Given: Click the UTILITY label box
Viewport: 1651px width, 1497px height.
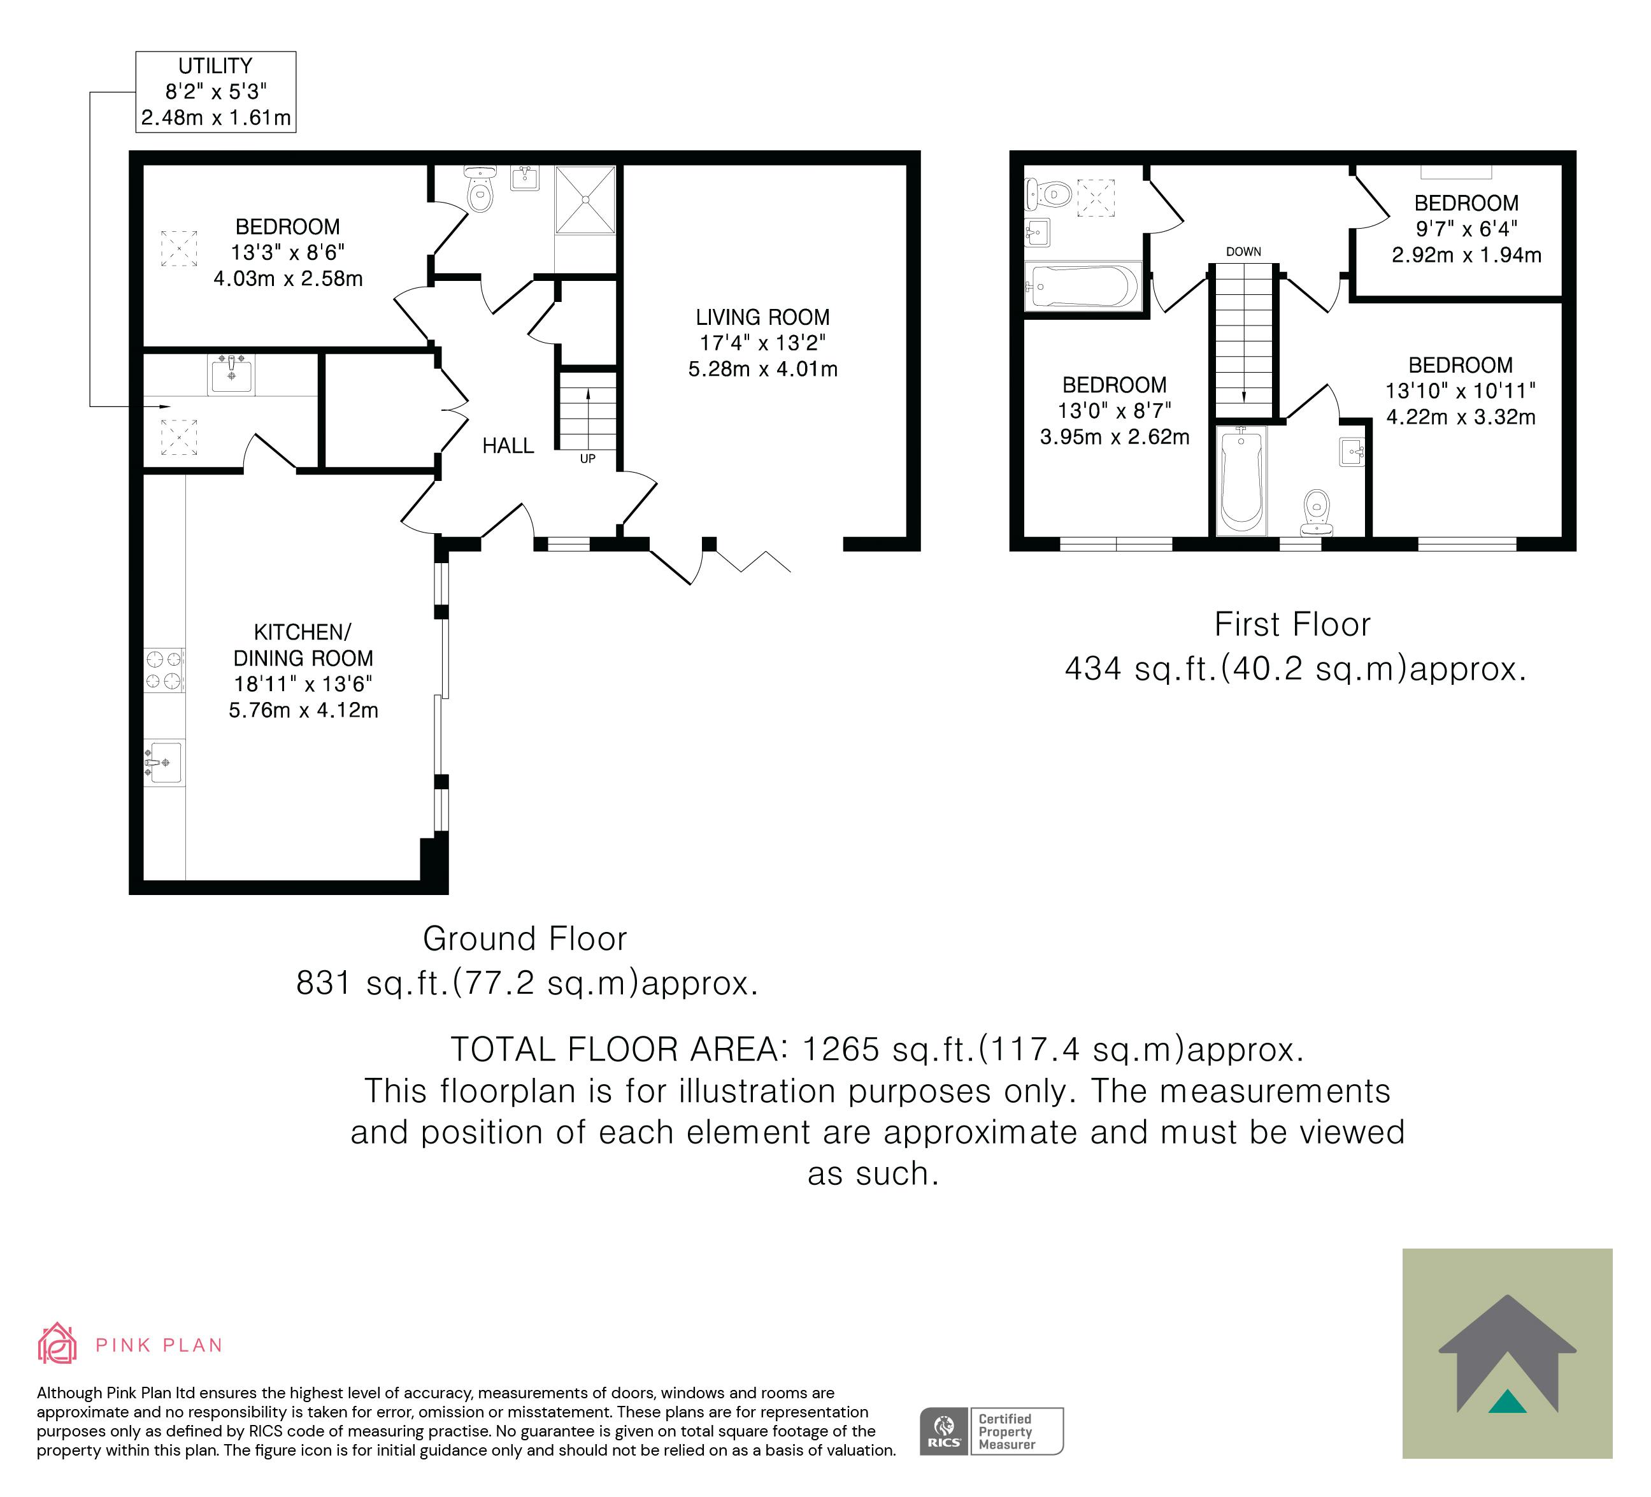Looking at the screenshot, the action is tap(215, 92).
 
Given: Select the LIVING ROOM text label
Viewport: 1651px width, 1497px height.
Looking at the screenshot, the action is tap(762, 317).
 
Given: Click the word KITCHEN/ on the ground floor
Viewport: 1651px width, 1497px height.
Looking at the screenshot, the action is tap(302, 632).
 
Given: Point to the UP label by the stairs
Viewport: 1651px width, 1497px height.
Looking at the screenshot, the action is tap(588, 459).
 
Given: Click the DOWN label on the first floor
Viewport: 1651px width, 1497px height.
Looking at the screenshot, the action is tap(1243, 252).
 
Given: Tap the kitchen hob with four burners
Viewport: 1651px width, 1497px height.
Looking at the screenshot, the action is tap(164, 670).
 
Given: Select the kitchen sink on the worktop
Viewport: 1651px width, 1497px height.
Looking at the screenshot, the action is tap(164, 763).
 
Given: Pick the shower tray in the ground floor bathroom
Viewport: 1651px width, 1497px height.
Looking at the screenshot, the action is tap(585, 200).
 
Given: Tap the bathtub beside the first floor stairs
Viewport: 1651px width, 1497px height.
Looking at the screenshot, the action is tap(1241, 481).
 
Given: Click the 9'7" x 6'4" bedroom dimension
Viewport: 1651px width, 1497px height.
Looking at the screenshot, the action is tap(1466, 229).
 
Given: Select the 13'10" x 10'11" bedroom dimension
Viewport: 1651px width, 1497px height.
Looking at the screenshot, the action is tap(1460, 390).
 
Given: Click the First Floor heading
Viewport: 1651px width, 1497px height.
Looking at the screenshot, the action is tap(1292, 625).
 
